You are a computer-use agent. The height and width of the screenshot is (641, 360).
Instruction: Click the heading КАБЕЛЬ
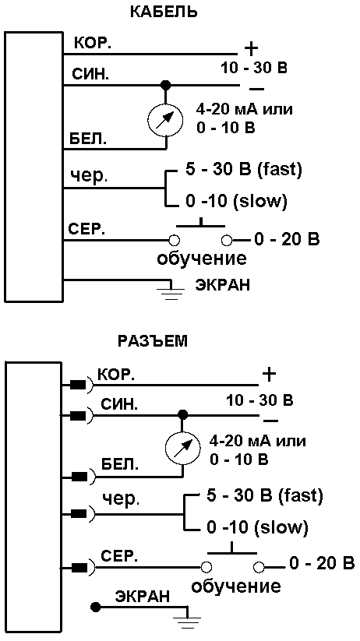tap(163, 12)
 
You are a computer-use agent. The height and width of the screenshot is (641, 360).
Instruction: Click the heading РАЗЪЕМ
tap(153, 341)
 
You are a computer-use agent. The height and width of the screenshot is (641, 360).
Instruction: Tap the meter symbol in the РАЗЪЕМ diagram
tap(182, 449)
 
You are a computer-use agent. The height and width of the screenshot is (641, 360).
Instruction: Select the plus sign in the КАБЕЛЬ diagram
tap(251, 50)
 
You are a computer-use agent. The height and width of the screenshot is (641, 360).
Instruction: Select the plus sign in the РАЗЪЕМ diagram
tap(269, 374)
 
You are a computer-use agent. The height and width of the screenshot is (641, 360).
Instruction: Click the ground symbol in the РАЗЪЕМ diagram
tap(187, 618)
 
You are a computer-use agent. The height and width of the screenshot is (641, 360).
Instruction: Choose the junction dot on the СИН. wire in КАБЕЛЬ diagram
tap(165, 86)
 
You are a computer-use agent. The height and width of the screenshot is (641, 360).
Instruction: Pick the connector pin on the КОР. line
tap(79, 385)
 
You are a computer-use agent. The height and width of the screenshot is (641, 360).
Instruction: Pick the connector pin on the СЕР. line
tap(79, 568)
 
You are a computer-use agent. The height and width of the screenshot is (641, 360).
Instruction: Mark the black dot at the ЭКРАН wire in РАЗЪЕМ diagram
tap(96, 607)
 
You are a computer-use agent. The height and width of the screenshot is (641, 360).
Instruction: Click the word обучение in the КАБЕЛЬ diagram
tap(202, 258)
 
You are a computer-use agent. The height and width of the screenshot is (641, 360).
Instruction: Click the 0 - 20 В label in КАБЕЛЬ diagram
tap(287, 238)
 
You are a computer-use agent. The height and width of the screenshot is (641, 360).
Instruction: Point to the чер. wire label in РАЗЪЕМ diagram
tap(121, 499)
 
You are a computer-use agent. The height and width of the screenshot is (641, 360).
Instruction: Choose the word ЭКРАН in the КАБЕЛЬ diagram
tap(222, 285)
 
